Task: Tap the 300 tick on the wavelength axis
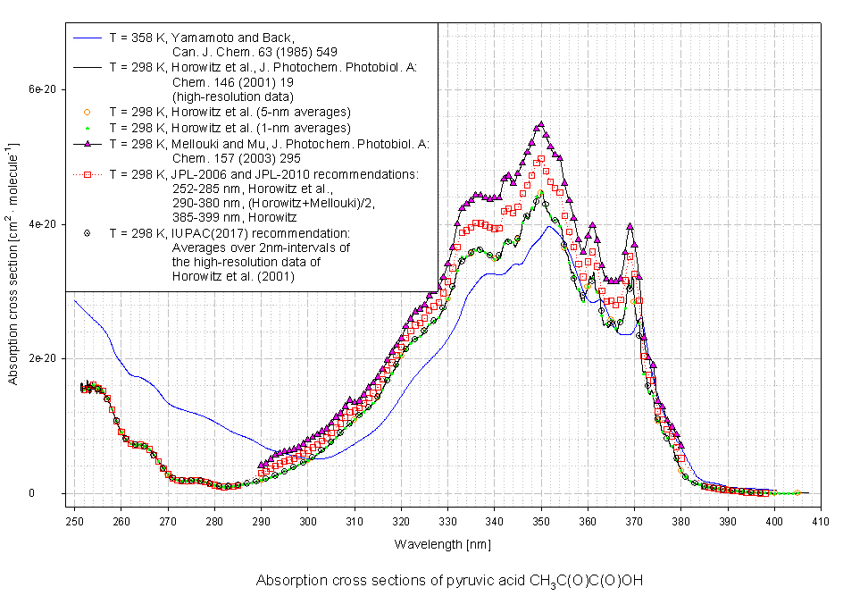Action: (307, 521)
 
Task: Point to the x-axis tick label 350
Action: (541, 521)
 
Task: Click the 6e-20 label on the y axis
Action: (43, 90)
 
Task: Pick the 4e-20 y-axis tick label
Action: (43, 224)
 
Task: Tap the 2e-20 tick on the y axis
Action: (43, 358)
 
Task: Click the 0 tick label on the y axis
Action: (54, 493)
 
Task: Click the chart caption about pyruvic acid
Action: (462, 581)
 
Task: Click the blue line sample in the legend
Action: (87, 38)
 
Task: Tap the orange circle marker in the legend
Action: (87, 112)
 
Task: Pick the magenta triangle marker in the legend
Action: (87, 143)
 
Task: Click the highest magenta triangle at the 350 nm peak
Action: (540, 126)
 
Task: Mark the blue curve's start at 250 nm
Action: (74, 300)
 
